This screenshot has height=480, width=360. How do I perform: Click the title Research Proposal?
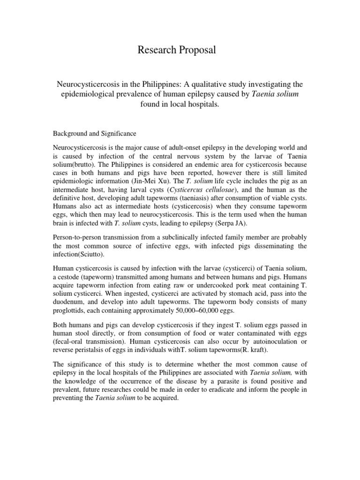pyautogui.click(x=177, y=51)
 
